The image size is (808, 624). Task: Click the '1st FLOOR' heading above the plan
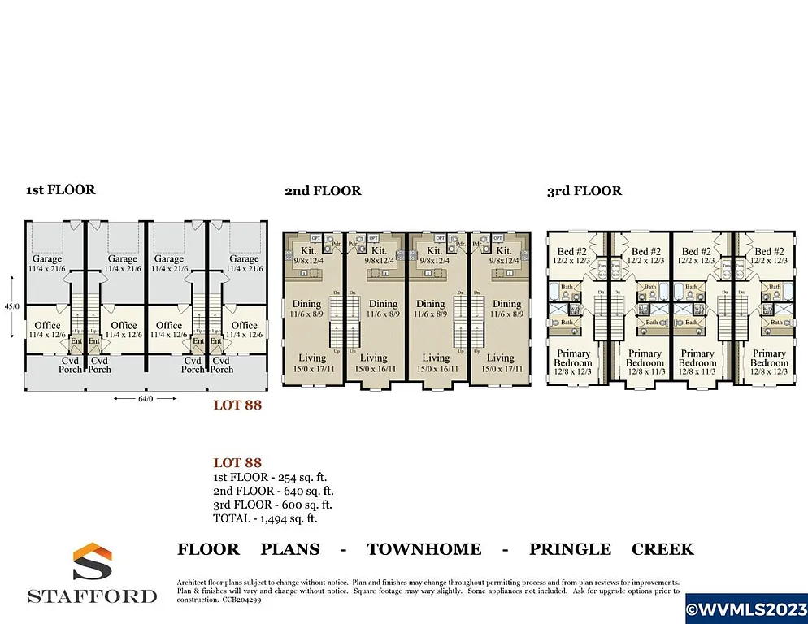(x=60, y=190)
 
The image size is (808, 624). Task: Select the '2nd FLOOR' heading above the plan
(x=323, y=191)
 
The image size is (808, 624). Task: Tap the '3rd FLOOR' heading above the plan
(x=584, y=191)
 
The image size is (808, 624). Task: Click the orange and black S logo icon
(x=92, y=562)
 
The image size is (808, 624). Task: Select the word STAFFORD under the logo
(x=93, y=596)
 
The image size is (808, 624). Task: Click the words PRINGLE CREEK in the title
(x=611, y=549)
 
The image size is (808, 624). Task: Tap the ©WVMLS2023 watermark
(x=746, y=608)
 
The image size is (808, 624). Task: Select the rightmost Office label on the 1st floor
(x=244, y=325)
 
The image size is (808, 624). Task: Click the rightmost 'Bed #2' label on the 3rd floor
(x=767, y=252)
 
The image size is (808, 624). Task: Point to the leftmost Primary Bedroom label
(x=572, y=358)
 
